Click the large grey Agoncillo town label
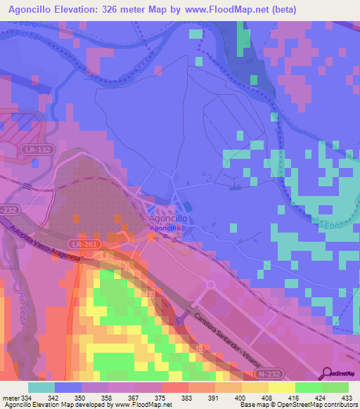(x=167, y=219)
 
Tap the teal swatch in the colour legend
(x=41, y=387)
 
